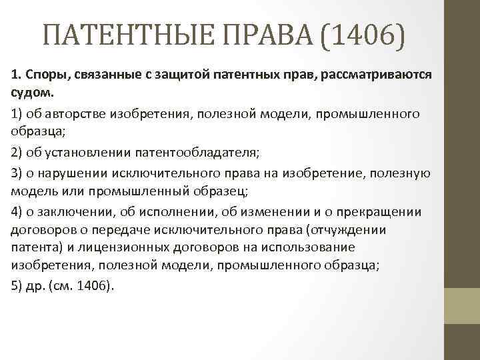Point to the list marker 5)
click(x=19, y=285)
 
